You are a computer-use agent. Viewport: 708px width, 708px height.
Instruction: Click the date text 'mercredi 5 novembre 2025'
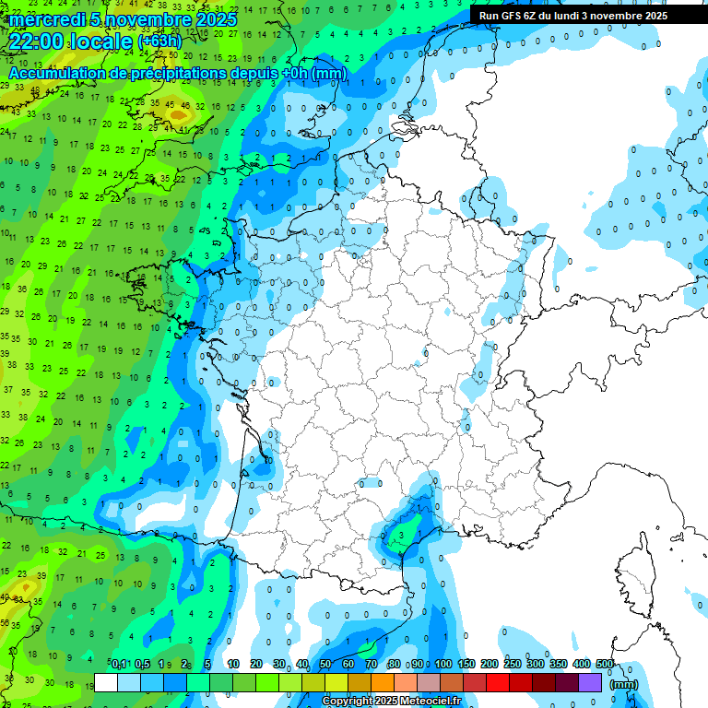point(123,19)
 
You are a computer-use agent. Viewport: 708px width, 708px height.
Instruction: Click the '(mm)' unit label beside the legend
point(624,684)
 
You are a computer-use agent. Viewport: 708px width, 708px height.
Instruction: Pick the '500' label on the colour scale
point(605,664)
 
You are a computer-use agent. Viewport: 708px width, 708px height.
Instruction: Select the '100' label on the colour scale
point(443,664)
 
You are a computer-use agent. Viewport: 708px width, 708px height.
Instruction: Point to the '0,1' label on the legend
point(118,664)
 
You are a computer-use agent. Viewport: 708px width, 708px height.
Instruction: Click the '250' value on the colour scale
point(513,664)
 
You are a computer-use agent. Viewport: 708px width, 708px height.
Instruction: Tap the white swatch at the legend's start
point(106,683)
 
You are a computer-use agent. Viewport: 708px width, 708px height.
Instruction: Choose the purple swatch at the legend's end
point(590,683)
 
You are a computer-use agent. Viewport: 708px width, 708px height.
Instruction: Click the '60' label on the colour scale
point(348,664)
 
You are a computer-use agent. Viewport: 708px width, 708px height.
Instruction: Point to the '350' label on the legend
point(559,664)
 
